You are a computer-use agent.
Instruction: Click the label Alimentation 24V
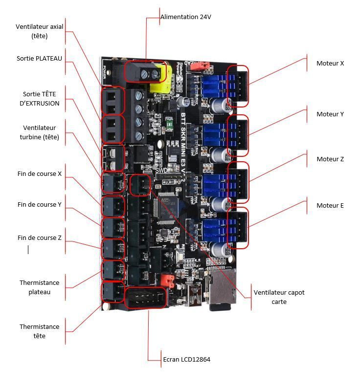pyautogui.click(x=186, y=17)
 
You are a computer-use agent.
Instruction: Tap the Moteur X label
pyautogui.click(x=330, y=63)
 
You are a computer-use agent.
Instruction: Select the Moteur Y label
pyautogui.click(x=330, y=114)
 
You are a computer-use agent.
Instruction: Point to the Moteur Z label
pyautogui.click(x=330, y=159)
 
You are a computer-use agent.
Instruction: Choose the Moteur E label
pyautogui.click(x=330, y=206)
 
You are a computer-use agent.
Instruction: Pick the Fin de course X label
pyautogui.click(x=39, y=173)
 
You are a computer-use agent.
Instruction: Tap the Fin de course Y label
pyautogui.click(x=39, y=205)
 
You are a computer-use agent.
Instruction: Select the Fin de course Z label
pyautogui.click(x=39, y=238)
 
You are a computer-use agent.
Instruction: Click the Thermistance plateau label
pyautogui.click(x=39, y=287)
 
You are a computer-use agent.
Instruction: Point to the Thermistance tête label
pyautogui.click(x=39, y=331)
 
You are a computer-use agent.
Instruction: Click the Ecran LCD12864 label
pyautogui.click(x=186, y=360)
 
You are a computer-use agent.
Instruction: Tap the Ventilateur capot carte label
pyautogui.click(x=279, y=297)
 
